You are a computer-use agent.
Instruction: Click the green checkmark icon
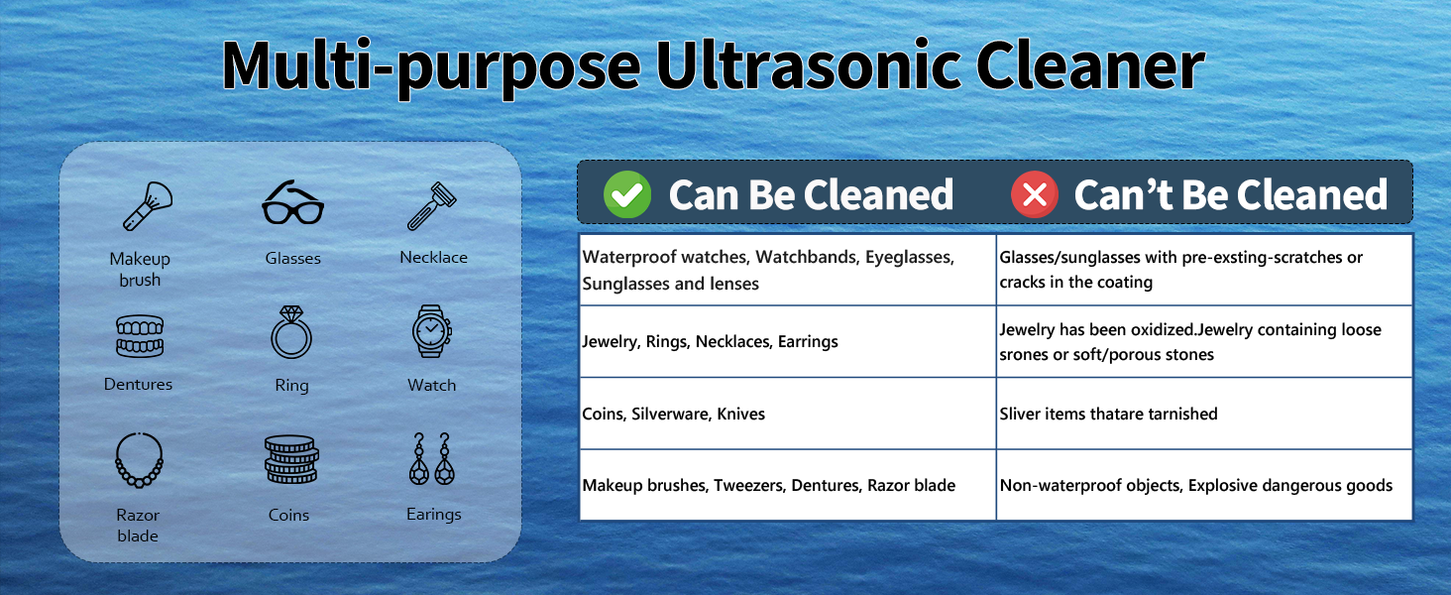(626, 194)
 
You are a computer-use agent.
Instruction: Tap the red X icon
(1035, 194)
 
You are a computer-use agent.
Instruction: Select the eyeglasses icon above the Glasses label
(292, 205)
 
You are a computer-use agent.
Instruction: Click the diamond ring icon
(291, 332)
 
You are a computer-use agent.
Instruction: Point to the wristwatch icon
(431, 331)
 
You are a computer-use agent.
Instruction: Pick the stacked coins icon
(290, 459)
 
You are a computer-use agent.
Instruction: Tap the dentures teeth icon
(139, 336)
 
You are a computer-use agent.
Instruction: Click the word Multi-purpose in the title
(430, 65)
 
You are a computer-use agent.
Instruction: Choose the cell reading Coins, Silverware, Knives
(787, 414)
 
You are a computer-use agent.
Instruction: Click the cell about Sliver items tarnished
(1203, 414)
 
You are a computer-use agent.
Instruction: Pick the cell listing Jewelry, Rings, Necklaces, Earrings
(787, 341)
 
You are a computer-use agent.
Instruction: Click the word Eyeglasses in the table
(909, 258)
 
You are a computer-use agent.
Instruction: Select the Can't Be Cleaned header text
(1230, 195)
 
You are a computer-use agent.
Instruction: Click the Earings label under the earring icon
(434, 514)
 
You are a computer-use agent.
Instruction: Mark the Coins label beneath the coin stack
(288, 515)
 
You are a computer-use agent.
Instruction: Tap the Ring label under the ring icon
(291, 385)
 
